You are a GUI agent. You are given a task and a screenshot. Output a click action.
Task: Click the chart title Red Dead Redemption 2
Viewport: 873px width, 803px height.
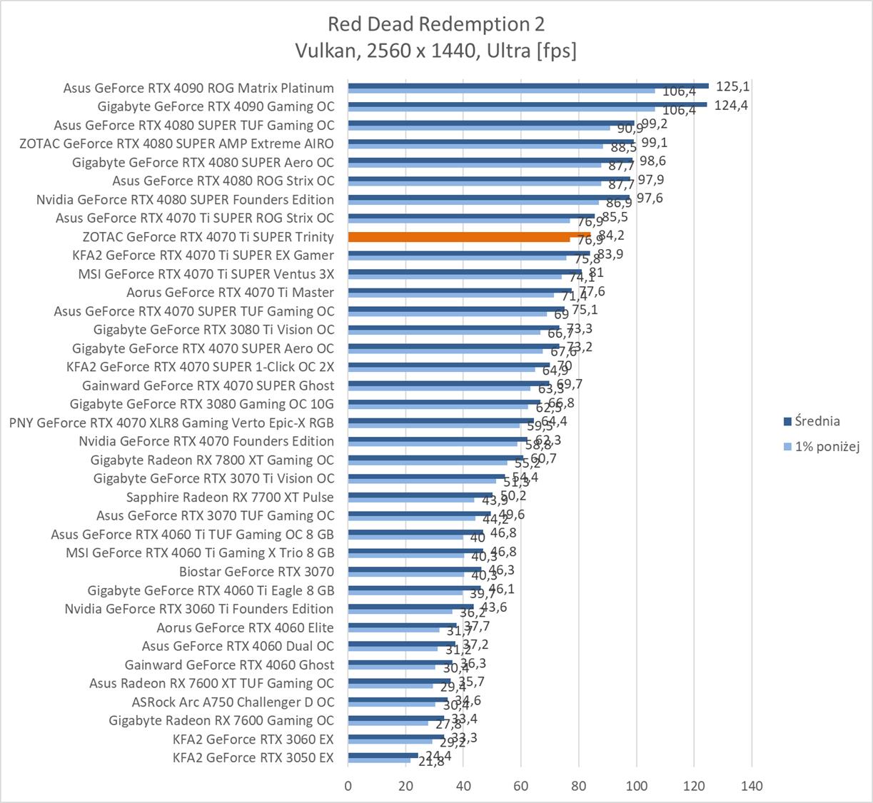pos(435,24)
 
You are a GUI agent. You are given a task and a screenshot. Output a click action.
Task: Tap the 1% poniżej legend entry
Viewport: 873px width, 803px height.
pos(827,447)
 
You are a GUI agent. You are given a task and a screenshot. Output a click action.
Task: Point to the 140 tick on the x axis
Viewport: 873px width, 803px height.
pos(752,786)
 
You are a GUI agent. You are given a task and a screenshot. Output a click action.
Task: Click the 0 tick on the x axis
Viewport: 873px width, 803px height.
pos(348,786)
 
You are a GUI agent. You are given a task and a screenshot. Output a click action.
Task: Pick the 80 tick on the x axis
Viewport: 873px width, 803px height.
pos(579,786)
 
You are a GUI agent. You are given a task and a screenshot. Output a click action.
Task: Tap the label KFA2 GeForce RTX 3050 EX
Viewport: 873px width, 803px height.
pos(253,757)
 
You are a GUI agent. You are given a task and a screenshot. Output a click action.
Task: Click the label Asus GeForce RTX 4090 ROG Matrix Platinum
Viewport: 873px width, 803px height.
pos(198,88)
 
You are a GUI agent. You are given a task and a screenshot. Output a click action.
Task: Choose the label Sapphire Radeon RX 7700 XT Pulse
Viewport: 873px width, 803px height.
pos(230,497)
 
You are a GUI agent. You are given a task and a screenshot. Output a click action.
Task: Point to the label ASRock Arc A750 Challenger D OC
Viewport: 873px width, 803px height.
pos(233,702)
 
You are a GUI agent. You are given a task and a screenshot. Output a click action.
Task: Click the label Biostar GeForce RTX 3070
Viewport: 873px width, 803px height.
pos(256,571)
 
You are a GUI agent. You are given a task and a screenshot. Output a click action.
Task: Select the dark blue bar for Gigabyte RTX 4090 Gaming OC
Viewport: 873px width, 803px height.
pos(527,104)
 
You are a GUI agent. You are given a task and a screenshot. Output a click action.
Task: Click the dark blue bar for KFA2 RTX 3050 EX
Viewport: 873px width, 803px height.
pos(383,755)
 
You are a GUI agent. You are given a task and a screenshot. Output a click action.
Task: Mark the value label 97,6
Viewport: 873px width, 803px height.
pos(649,198)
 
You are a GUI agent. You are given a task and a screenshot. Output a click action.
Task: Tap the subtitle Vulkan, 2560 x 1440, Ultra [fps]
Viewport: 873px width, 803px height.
pos(435,51)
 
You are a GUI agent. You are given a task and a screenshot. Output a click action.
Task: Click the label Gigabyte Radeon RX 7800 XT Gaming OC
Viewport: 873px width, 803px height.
pos(212,460)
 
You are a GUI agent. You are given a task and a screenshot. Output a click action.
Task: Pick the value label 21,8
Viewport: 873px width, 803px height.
pos(430,762)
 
